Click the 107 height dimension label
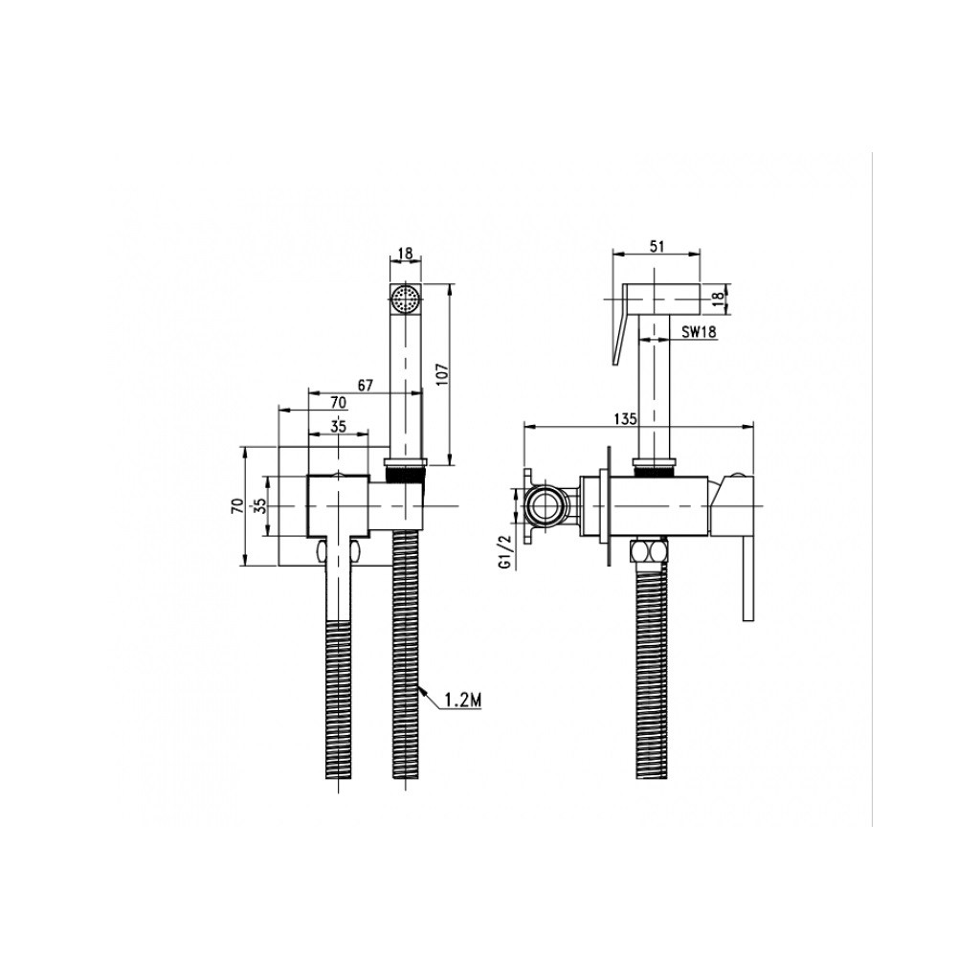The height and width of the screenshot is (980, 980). point(442,374)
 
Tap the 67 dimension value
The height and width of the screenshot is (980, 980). point(365,386)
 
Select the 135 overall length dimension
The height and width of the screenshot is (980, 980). point(626,419)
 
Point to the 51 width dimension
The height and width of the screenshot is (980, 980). point(657,246)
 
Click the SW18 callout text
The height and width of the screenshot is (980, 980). point(699,332)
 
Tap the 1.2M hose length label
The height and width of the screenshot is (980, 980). point(463,702)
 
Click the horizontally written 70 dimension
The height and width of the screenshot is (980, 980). point(338,403)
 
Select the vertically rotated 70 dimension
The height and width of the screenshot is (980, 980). point(237,505)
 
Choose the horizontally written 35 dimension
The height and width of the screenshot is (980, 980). point(338,427)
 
